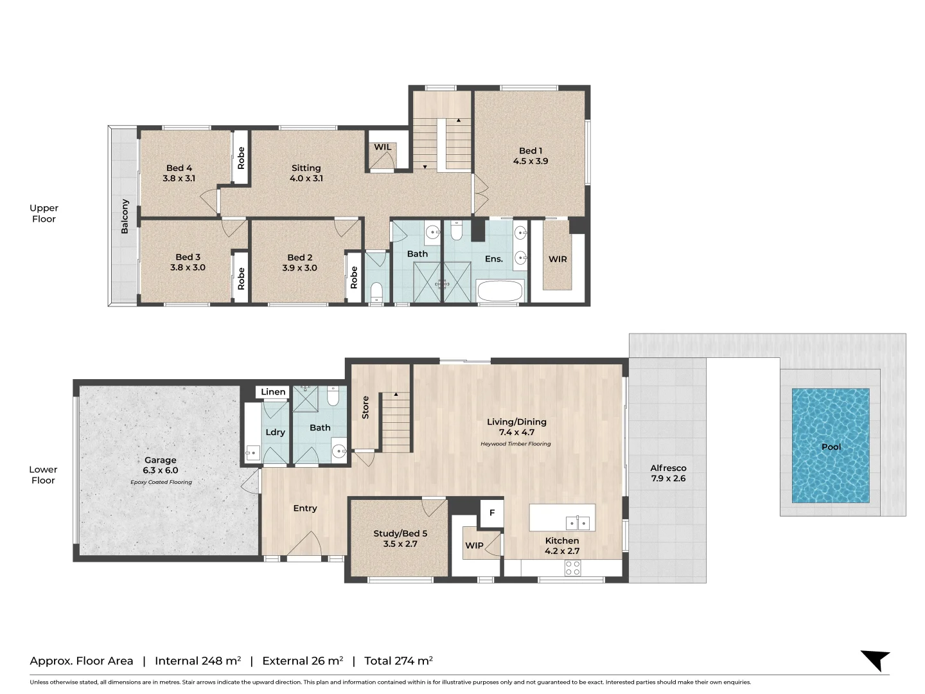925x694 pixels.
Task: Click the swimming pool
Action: click(831, 445)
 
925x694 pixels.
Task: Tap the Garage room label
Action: click(160, 460)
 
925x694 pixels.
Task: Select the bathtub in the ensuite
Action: click(500, 291)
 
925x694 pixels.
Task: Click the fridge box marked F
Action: click(492, 513)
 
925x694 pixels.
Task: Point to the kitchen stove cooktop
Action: click(572, 567)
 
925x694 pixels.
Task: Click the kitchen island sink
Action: click(577, 522)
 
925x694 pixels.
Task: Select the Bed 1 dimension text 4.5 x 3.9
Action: click(531, 161)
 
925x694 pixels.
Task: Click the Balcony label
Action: click(125, 216)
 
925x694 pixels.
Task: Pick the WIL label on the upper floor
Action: click(383, 147)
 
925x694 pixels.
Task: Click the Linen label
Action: click(273, 392)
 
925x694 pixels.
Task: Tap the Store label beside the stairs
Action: click(366, 407)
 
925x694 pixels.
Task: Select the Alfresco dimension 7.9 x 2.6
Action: click(668, 479)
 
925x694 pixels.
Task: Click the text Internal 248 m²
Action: click(198, 661)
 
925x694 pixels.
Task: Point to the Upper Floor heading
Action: click(44, 213)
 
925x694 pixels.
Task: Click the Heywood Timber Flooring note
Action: click(515, 444)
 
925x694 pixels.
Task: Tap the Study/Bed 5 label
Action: click(400, 533)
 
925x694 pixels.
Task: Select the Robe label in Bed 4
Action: click(241, 158)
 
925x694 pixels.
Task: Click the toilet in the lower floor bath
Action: click(333, 396)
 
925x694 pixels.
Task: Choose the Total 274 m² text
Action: click(398, 661)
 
